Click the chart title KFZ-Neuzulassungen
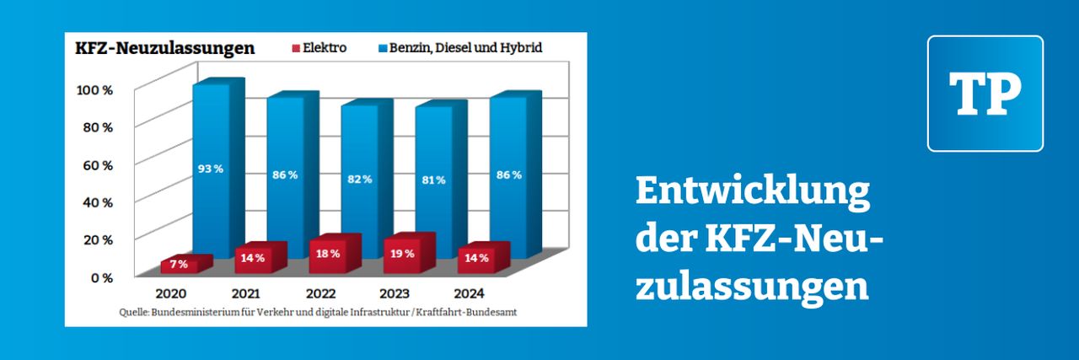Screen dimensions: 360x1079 (x=164, y=48)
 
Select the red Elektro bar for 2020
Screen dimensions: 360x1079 (x=179, y=265)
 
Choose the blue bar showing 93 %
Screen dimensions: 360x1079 (x=211, y=169)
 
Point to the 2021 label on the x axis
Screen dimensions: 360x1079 (x=244, y=294)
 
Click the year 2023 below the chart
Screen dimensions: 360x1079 (x=394, y=294)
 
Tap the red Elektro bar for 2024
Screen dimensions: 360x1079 (x=477, y=258)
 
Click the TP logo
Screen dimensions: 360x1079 (x=985, y=94)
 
